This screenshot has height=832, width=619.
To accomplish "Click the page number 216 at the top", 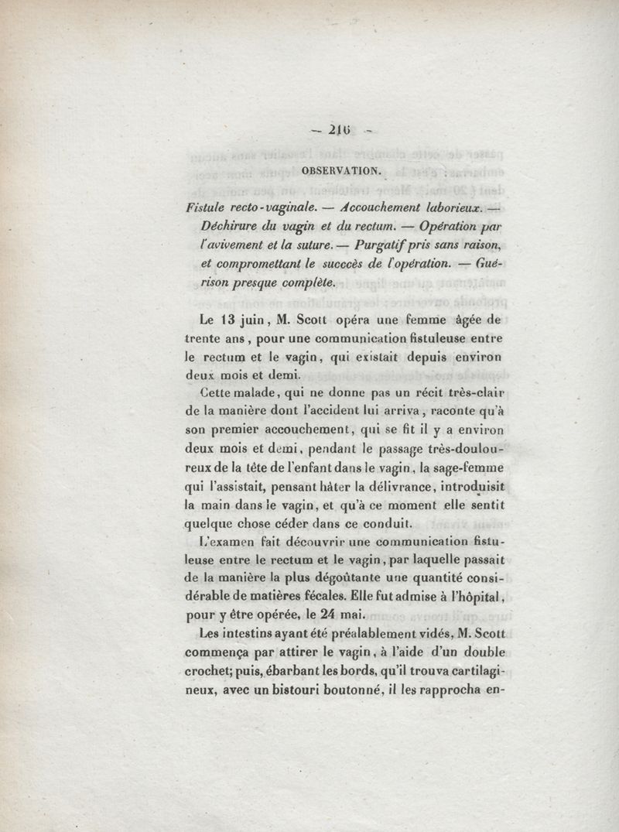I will click(336, 132).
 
